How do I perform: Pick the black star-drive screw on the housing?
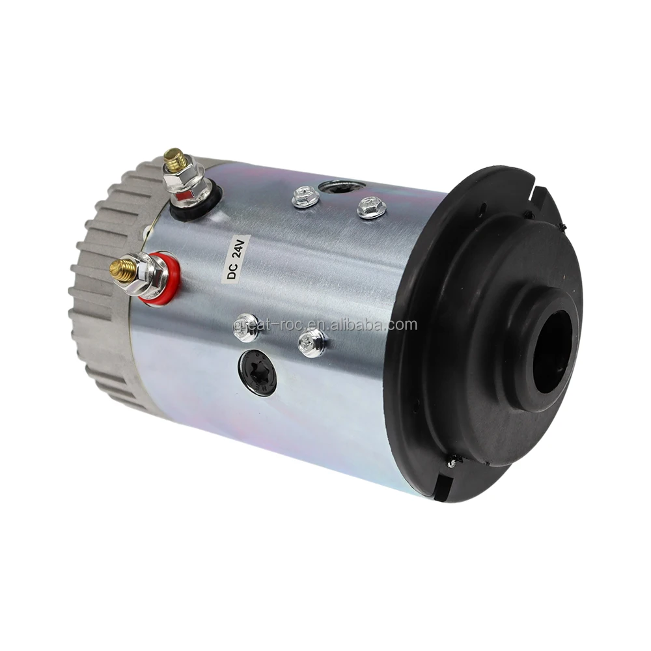pos(257,372)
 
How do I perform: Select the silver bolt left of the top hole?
pos(305,195)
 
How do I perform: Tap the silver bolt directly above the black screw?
pos(247,328)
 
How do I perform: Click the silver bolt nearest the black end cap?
pos(312,342)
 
